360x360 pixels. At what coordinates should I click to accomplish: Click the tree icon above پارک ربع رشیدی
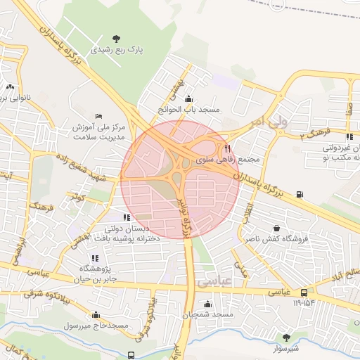[116, 38]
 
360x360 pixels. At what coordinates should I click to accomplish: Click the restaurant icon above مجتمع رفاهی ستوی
[227, 148]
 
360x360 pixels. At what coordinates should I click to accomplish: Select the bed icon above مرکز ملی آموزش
[98, 116]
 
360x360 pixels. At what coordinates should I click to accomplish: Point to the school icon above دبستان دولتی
[127, 218]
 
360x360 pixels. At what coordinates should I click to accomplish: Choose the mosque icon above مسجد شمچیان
[207, 304]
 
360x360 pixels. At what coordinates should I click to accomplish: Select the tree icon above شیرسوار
[285, 337]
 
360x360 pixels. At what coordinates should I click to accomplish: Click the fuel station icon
[300, 194]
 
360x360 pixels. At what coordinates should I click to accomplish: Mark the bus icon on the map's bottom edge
[131, 355]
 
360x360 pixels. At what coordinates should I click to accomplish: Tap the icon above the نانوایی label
[10, 87]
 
